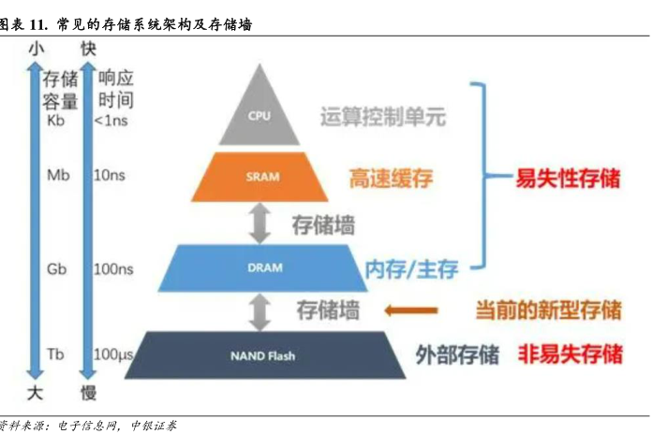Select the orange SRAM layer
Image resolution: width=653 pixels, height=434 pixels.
pos(260,178)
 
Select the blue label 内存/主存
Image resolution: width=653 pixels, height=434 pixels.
pos(411,271)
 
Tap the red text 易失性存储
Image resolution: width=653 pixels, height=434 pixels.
pos(568,179)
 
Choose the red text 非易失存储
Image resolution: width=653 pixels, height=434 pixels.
pos(570,354)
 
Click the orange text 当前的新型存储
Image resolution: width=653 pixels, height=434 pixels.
pos(548,310)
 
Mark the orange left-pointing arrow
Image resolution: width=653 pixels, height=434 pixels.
pos(412,310)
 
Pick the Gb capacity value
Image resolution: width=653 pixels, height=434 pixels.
pos(56,268)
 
